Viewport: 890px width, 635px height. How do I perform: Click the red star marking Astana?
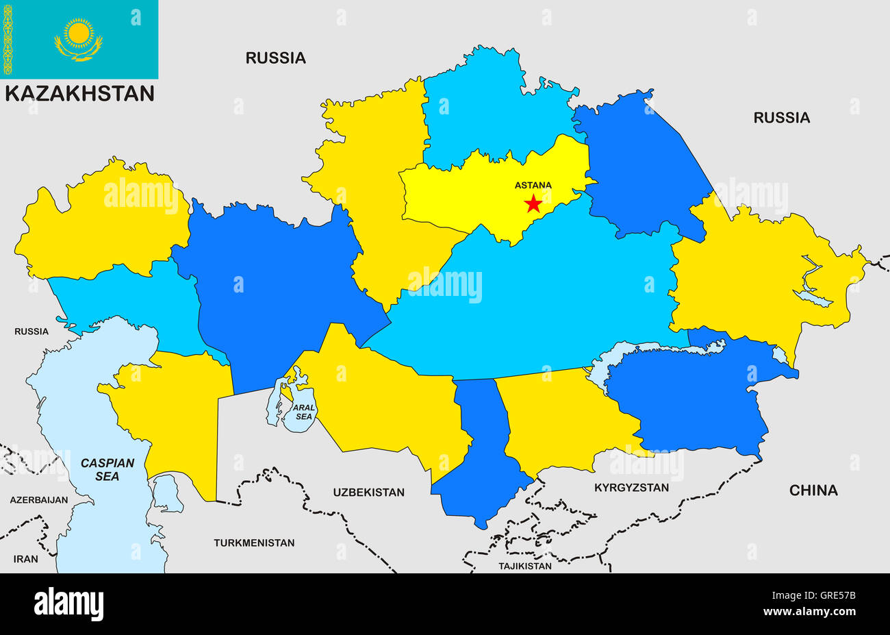(x=533, y=203)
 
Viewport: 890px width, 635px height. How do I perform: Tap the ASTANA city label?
(x=533, y=185)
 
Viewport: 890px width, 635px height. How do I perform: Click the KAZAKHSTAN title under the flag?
(x=79, y=94)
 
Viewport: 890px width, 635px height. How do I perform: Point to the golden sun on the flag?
(x=79, y=32)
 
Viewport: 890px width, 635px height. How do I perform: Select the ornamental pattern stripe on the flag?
(x=8, y=39)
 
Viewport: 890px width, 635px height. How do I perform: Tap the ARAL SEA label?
(x=303, y=412)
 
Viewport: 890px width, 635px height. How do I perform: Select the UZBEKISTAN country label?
(x=368, y=492)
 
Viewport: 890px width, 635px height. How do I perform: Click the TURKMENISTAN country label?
(x=254, y=543)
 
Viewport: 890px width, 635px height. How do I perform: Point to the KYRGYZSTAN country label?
(x=631, y=488)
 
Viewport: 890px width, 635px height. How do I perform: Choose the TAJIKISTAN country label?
(x=524, y=566)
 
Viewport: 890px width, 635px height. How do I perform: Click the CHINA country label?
(x=813, y=490)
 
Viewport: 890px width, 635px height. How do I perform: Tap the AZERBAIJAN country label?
(x=39, y=500)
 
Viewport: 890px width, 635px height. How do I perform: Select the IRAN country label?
(x=26, y=559)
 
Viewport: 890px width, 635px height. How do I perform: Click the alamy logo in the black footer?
(x=69, y=604)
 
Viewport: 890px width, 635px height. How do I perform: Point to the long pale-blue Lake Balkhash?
(x=657, y=353)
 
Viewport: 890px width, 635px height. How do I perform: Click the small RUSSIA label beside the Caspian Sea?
(x=31, y=332)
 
